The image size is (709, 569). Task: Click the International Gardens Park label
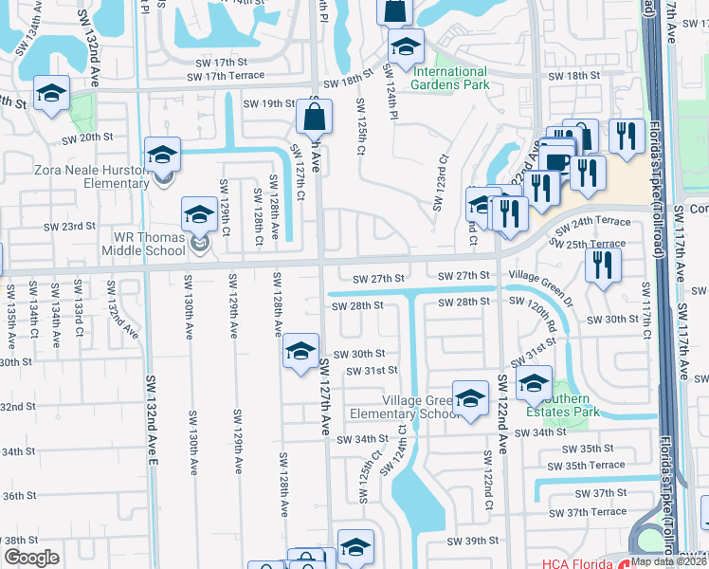coord(449,78)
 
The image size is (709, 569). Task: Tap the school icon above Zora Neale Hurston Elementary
coord(162,155)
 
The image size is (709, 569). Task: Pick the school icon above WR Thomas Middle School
coord(199,216)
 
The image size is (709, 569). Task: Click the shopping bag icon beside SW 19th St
coord(314,118)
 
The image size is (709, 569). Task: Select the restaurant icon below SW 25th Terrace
coord(603,266)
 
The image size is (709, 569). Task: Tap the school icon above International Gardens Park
coord(406,46)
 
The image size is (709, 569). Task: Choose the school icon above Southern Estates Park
coord(534,384)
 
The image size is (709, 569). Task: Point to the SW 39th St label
coord(472,541)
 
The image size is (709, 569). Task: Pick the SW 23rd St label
coord(69,227)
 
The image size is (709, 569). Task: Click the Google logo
coord(31,558)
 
